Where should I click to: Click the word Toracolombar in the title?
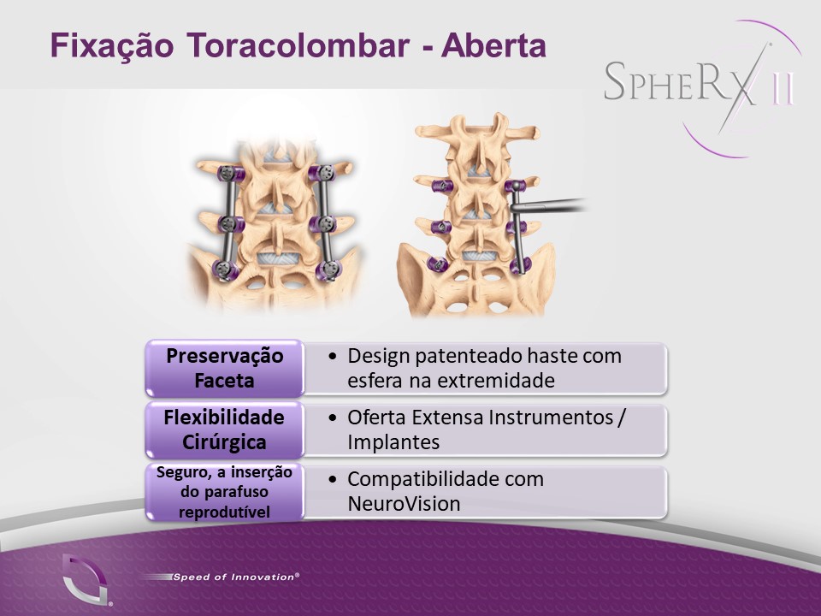click(x=298, y=45)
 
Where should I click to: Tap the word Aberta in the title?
click(x=493, y=45)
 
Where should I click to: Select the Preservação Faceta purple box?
click(x=224, y=368)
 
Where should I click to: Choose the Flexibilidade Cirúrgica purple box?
click(x=224, y=429)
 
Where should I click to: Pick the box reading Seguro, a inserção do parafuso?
click(x=224, y=491)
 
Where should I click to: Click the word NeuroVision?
click(x=404, y=503)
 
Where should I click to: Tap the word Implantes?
click(x=393, y=442)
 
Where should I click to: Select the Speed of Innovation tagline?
click(x=236, y=577)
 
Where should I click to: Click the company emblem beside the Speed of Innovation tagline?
click(x=86, y=579)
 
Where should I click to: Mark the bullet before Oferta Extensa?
click(x=332, y=418)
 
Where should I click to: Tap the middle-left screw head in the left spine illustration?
click(x=228, y=223)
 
